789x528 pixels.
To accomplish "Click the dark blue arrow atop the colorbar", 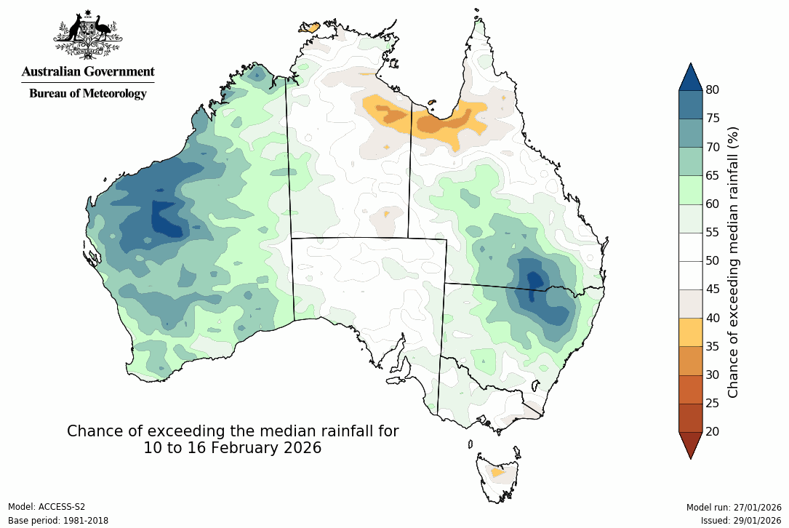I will pyautogui.click(x=690, y=76).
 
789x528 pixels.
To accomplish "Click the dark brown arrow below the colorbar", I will pyautogui.click(x=690, y=444).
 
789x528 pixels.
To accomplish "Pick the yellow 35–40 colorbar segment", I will pyautogui.click(x=690, y=332).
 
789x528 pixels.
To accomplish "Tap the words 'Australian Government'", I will pyautogui.click(x=88, y=71).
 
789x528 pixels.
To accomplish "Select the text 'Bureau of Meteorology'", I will pyautogui.click(x=88, y=93).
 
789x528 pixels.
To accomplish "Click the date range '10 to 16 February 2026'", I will pyautogui.click(x=232, y=448).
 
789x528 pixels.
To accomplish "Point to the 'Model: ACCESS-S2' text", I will pyautogui.click(x=47, y=507).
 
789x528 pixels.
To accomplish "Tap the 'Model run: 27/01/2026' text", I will pyautogui.click(x=733, y=507).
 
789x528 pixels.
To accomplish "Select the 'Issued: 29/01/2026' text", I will pyautogui.click(x=740, y=521).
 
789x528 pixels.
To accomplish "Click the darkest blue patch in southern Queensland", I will pyautogui.click(x=535, y=281).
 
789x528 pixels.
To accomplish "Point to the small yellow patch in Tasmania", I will pyautogui.click(x=497, y=473).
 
